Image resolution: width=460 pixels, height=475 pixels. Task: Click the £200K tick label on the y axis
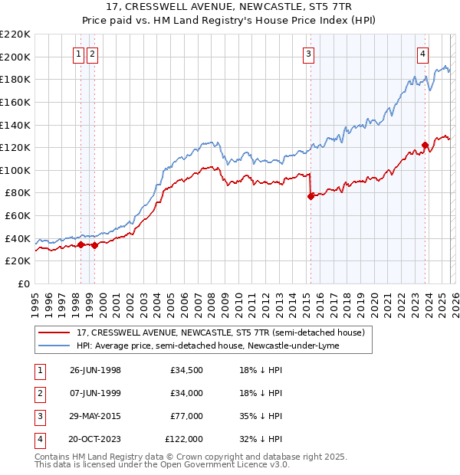(x=15, y=57)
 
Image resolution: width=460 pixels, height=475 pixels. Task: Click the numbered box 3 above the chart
(x=308, y=54)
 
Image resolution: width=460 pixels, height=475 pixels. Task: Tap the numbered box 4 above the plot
(x=422, y=54)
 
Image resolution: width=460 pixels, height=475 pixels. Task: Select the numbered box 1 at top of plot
(x=79, y=54)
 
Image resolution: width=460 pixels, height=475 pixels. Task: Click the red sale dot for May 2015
(x=310, y=196)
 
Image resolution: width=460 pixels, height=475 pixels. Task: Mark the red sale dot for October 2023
(x=425, y=145)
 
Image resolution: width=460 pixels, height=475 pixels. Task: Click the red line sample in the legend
(x=55, y=332)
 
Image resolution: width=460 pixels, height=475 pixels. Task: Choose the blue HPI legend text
(x=208, y=346)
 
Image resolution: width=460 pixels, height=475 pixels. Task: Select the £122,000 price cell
(x=184, y=439)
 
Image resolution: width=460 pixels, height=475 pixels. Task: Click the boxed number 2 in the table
(x=38, y=393)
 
